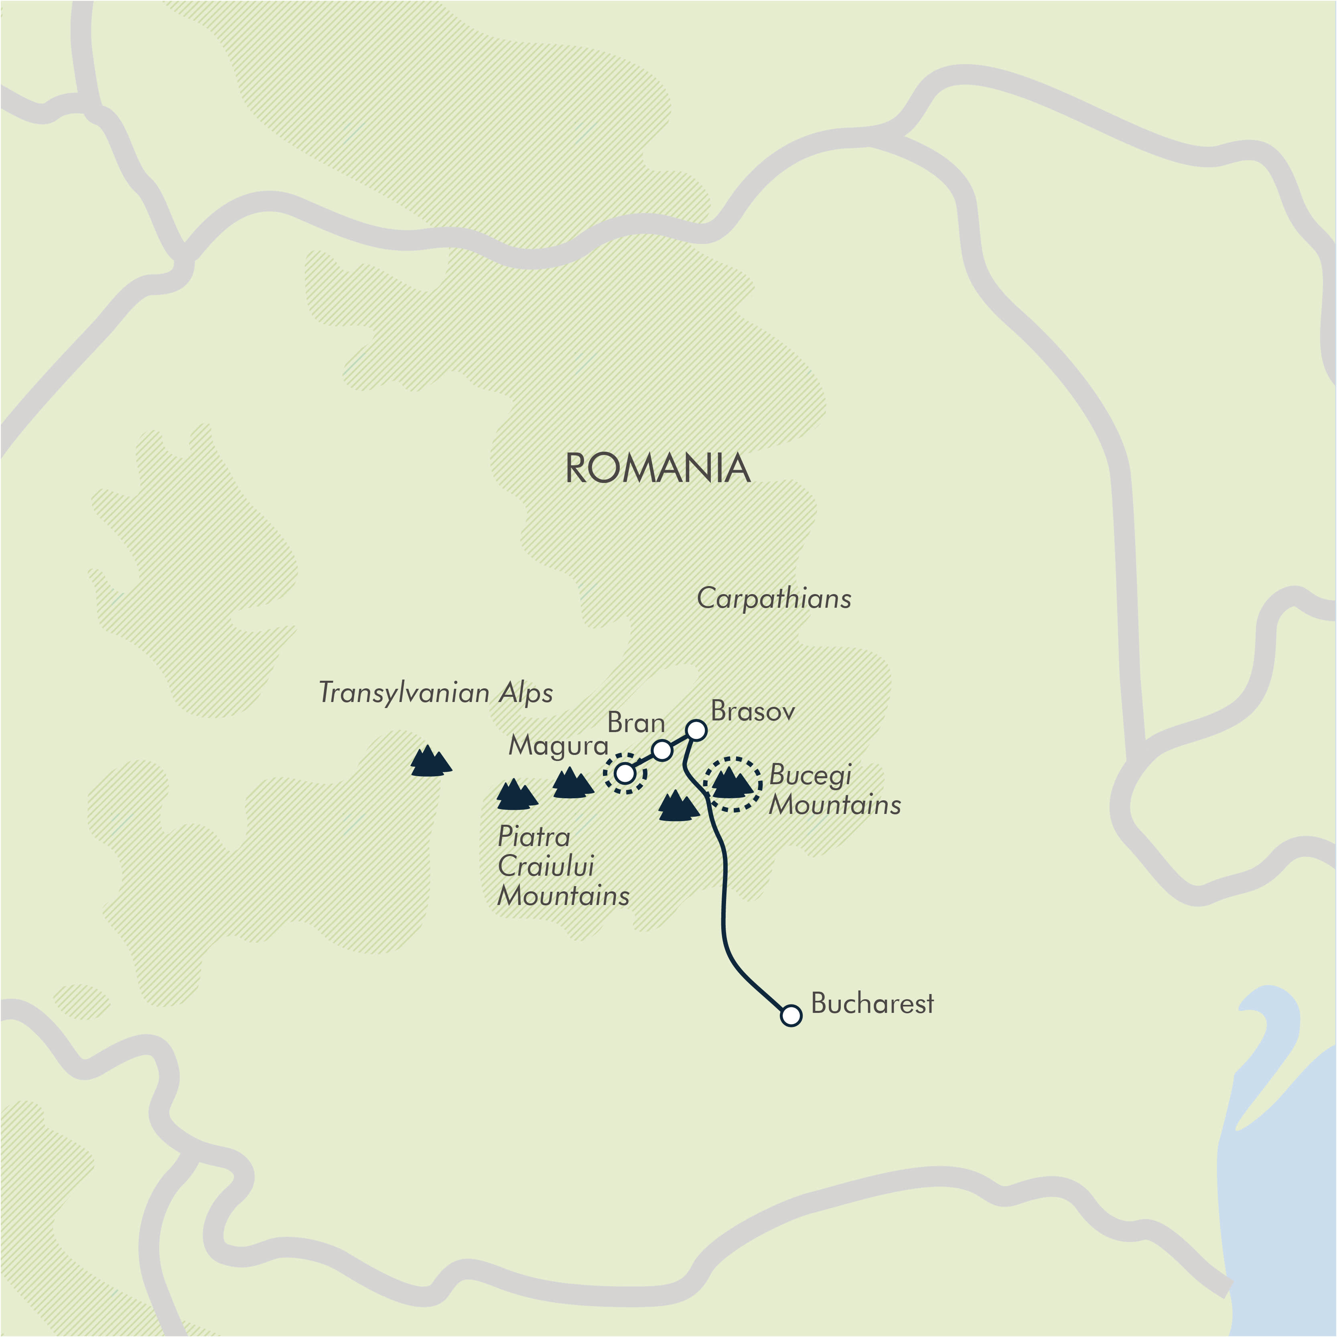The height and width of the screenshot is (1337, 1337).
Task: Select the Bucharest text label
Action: click(x=872, y=1003)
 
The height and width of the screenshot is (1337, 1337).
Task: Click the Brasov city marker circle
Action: click(x=696, y=730)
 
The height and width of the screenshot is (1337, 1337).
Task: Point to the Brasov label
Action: click(x=753, y=711)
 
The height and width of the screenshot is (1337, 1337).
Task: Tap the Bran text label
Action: click(x=636, y=723)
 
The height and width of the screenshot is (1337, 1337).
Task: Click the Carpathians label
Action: click(x=774, y=599)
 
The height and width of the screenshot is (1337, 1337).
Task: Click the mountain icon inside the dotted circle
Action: click(x=731, y=783)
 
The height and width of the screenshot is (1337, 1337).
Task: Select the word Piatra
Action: click(x=534, y=837)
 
